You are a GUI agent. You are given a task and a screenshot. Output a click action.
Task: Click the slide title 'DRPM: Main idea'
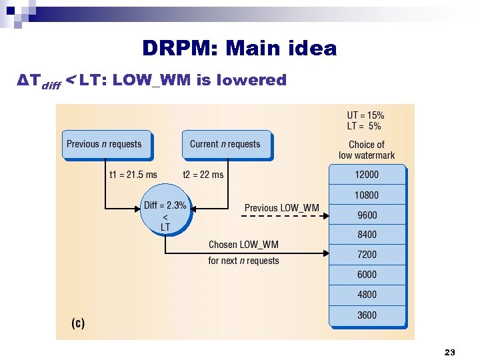pyautogui.click(x=239, y=49)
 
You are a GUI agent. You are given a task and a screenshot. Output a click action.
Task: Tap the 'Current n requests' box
pyautogui.click(x=226, y=145)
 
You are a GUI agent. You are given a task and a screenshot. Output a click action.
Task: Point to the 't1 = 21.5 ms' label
pyautogui.click(x=133, y=175)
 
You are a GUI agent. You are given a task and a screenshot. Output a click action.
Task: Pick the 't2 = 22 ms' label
pyautogui.click(x=203, y=175)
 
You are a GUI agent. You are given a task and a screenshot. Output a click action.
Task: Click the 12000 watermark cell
pyautogui.click(x=367, y=175)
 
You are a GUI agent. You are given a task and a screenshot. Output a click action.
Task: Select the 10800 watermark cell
pyautogui.click(x=367, y=195)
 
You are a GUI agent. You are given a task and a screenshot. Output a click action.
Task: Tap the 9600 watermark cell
pyautogui.click(x=367, y=215)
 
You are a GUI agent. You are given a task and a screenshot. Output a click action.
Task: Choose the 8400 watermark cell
pyautogui.click(x=367, y=235)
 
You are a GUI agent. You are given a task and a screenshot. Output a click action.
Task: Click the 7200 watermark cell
pyautogui.click(x=367, y=255)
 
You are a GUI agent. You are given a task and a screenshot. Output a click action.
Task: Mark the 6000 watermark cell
pyautogui.click(x=367, y=275)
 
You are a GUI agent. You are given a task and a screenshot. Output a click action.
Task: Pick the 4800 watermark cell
pyautogui.click(x=367, y=295)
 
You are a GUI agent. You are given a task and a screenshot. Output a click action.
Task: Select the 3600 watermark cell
pyautogui.click(x=367, y=315)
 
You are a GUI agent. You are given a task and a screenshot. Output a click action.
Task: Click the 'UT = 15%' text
pyautogui.click(x=365, y=115)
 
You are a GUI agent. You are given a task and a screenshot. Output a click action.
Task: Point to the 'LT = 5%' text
pyautogui.click(x=364, y=125)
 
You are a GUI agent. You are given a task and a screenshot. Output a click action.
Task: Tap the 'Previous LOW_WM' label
pyautogui.click(x=281, y=208)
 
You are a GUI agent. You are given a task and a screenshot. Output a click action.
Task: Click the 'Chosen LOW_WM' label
pyautogui.click(x=243, y=245)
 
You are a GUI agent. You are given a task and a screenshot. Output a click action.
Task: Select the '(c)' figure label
pyautogui.click(x=78, y=323)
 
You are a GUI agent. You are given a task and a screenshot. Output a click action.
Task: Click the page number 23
pyautogui.click(x=449, y=351)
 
